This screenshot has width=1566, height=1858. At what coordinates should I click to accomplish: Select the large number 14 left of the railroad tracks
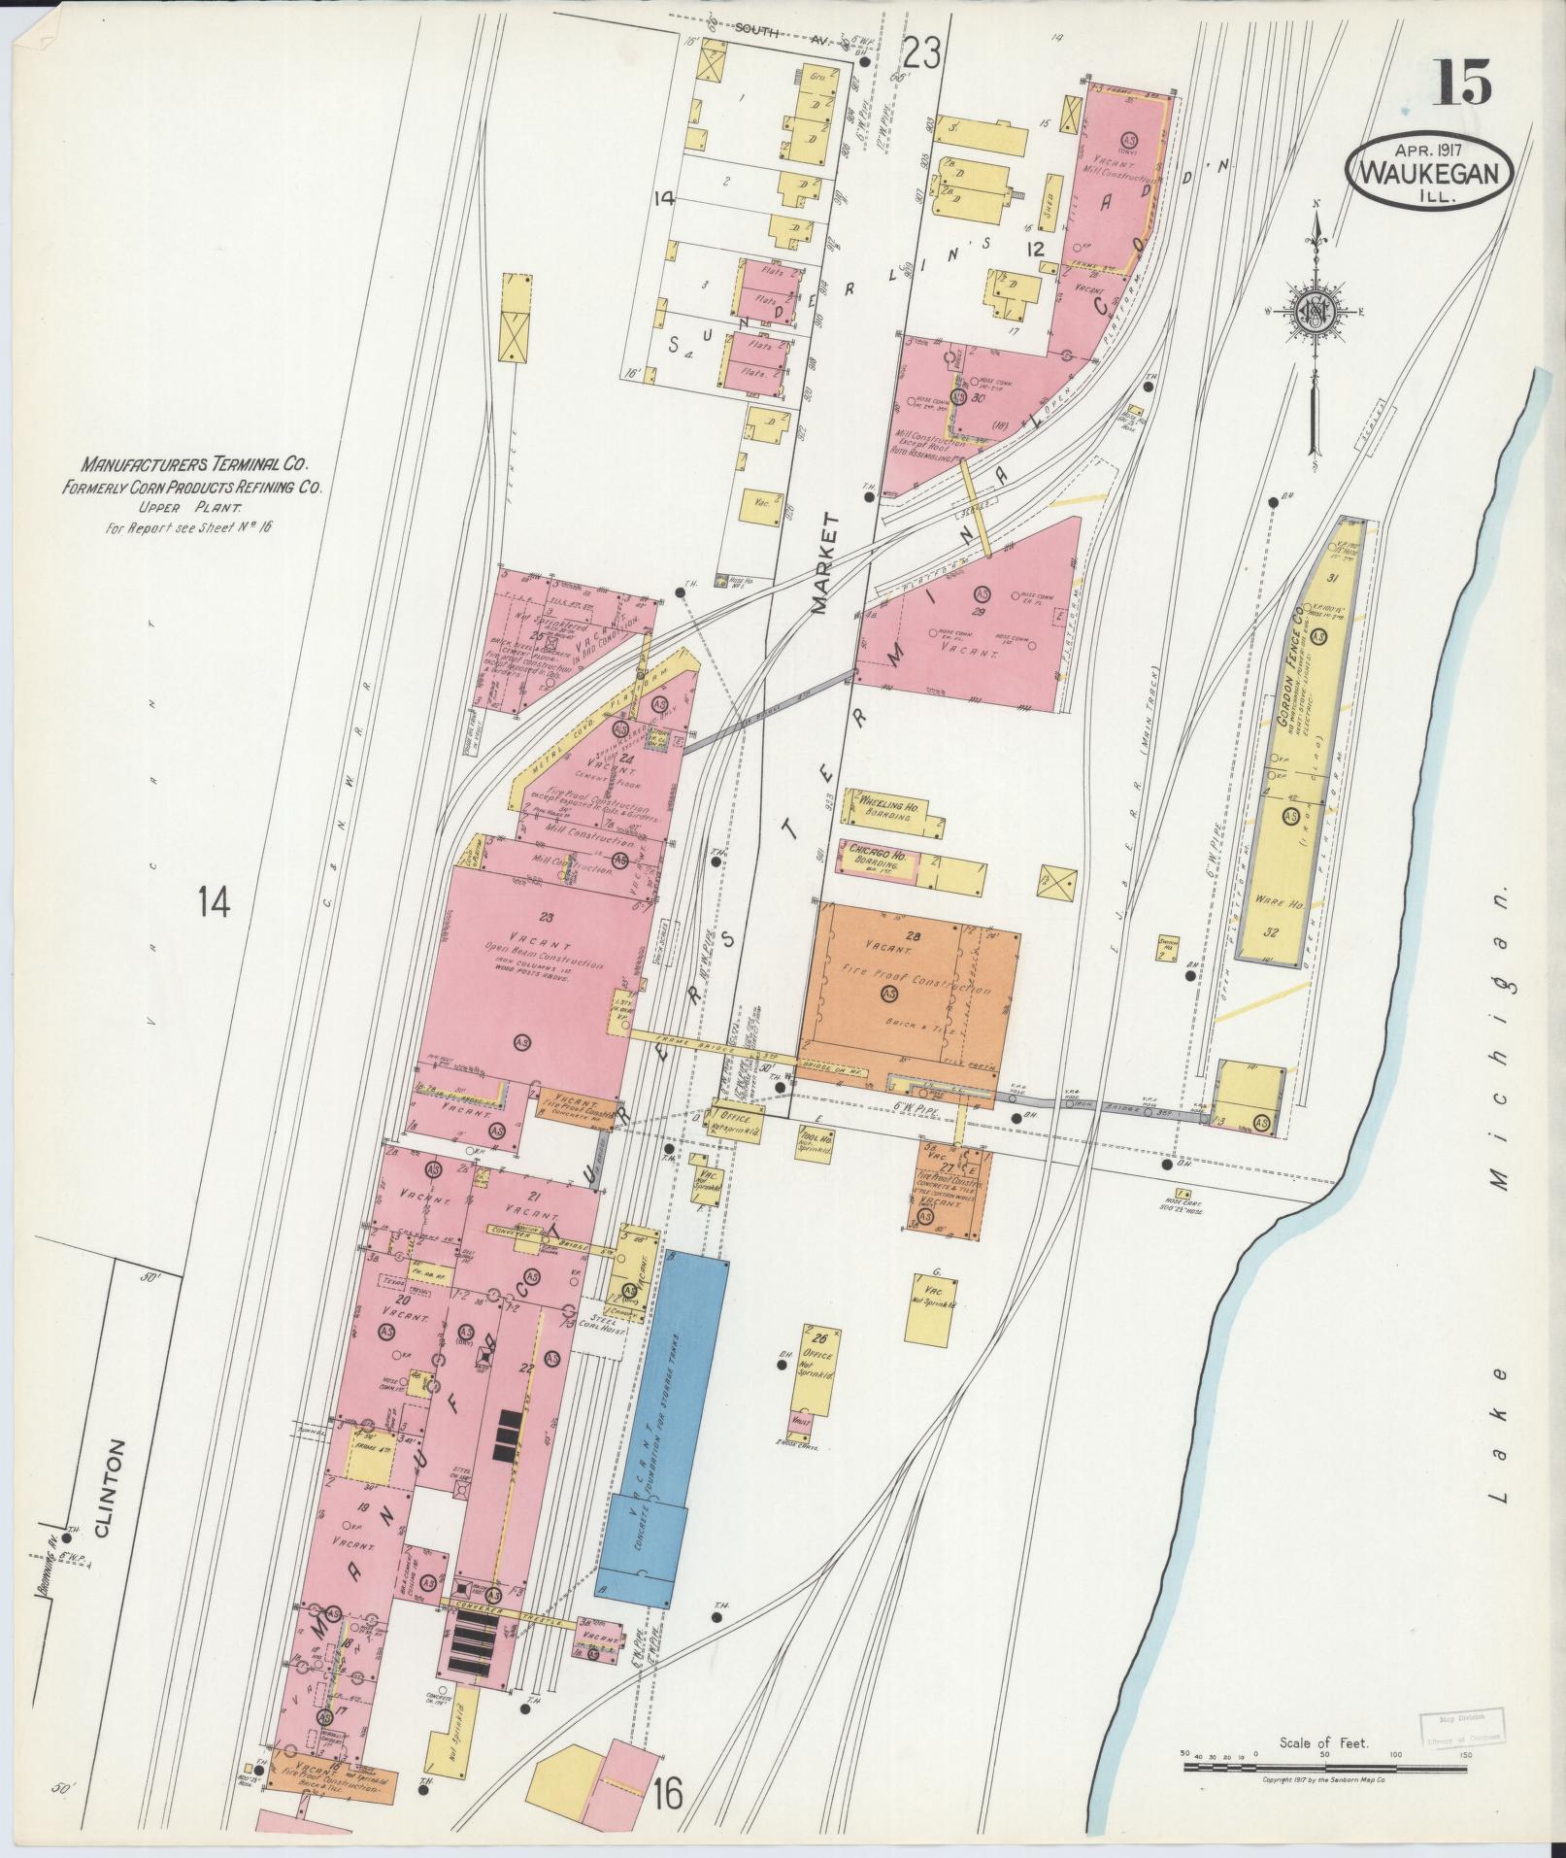[214, 902]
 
